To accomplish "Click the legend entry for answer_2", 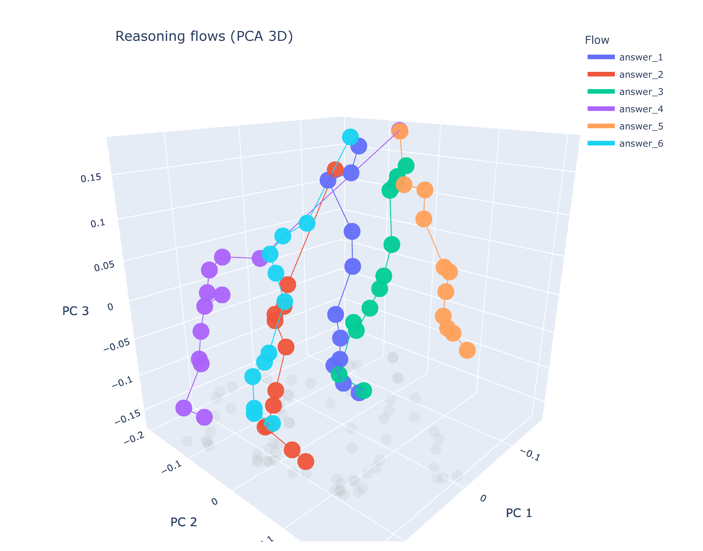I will coord(640,74).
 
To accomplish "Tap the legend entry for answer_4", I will coord(640,109).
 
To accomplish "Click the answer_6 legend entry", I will coord(640,144).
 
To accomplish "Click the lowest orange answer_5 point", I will coord(467,350).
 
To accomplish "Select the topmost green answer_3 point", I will coord(406,166).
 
